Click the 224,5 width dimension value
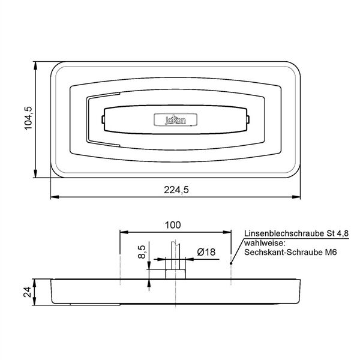[176, 190]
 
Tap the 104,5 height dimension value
[29, 118]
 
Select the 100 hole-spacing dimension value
[173, 225]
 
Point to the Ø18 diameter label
[206, 252]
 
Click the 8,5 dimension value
[142, 252]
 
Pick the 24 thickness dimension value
[28, 292]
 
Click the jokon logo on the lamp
[175, 120]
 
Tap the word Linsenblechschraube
[283, 234]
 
